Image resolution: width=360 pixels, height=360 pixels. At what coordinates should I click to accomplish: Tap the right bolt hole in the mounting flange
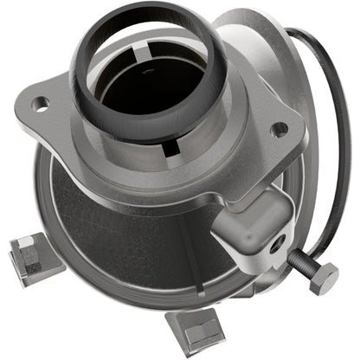279,130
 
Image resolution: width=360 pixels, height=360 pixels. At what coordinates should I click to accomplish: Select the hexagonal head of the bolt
324,278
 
